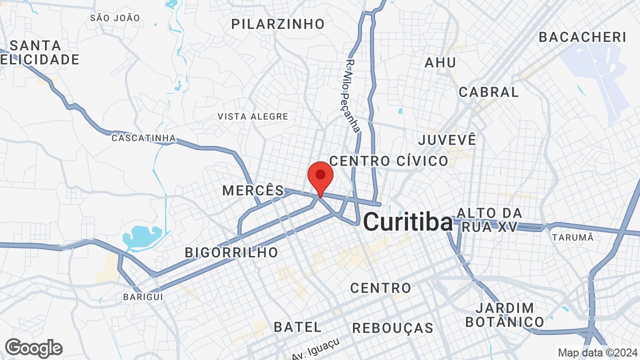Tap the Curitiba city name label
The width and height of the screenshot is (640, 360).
[408, 222]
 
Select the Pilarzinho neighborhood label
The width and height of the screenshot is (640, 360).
[278, 23]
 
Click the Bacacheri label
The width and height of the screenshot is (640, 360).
[582, 37]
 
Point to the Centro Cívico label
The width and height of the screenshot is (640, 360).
[388, 161]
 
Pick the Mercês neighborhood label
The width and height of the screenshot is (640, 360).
[253, 190]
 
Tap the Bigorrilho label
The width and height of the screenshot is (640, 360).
[231, 252]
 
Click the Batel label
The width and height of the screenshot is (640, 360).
[297, 327]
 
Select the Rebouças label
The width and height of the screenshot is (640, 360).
[392, 328]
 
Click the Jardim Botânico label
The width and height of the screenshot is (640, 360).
[504, 314]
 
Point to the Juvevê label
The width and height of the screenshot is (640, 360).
[447, 139]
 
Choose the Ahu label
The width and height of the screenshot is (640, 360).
[440, 62]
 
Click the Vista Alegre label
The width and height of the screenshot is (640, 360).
[252, 116]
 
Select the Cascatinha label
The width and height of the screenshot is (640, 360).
[143, 138]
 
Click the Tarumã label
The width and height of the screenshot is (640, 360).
[572, 237]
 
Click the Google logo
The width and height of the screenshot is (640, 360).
[33, 348]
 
